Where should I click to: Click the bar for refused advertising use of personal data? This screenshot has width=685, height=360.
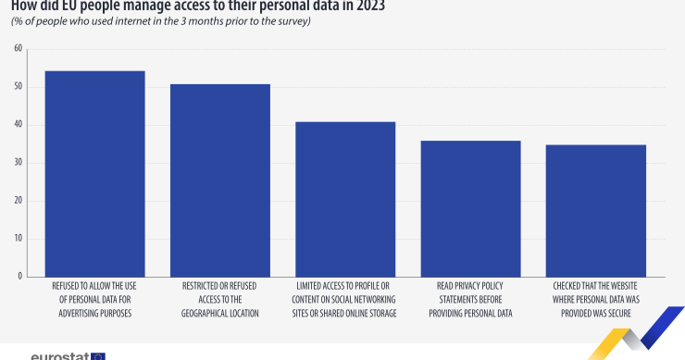pos(94,173)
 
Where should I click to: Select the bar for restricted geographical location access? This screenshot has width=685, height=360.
pos(220,180)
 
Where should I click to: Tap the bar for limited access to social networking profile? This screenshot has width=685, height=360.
pos(345,199)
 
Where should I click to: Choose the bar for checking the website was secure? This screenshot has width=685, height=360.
pos(596,210)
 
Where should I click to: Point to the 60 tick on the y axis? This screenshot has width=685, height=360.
pos(18,49)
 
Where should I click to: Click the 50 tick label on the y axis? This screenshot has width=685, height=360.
pos(18,87)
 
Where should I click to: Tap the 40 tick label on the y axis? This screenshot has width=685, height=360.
pos(18,125)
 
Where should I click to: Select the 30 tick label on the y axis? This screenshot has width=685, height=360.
pos(18,163)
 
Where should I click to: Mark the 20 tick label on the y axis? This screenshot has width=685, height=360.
pos(18,201)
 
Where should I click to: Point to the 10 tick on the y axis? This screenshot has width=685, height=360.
pos(18,239)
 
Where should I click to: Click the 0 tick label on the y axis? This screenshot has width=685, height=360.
pos(19,277)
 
